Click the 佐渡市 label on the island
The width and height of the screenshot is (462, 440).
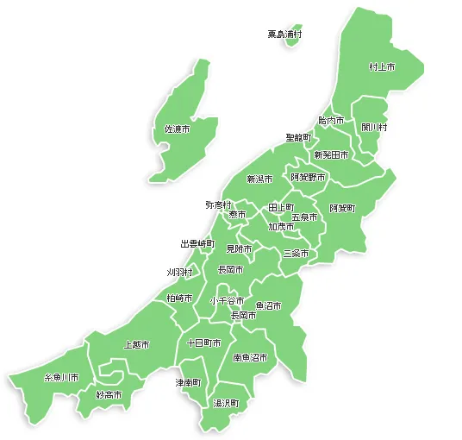178,129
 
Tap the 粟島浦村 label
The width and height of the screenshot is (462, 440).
284,35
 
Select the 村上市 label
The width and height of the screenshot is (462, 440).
381,66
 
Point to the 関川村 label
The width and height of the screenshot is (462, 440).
374,127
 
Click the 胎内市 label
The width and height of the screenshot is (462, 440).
331,121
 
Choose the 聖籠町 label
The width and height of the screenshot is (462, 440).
298,137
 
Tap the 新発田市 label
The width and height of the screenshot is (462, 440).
331,155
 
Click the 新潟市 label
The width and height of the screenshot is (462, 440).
259,179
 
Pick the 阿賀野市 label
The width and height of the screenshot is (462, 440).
308,177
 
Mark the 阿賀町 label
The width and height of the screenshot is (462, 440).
342,209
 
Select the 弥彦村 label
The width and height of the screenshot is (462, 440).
218,204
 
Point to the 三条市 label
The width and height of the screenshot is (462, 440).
296,254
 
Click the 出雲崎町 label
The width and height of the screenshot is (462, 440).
197,244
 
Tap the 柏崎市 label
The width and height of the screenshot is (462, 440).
179,298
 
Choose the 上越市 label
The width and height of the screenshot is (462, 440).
136,344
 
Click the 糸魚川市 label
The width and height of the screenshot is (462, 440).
61,378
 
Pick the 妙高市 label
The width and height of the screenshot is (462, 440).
109,394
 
